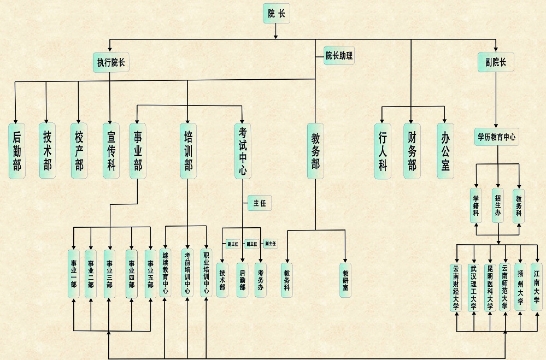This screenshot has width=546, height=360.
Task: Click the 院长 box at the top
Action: (x=276, y=14)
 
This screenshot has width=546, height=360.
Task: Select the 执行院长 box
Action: (x=111, y=63)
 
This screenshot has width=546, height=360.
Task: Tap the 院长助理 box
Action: (x=339, y=55)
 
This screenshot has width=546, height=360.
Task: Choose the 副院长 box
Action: (x=496, y=62)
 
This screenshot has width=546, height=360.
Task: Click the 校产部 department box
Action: (x=79, y=150)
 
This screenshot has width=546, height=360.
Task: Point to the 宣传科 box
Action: (x=111, y=150)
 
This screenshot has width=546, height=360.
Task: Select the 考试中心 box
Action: (x=243, y=150)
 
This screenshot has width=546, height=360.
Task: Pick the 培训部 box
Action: (x=188, y=150)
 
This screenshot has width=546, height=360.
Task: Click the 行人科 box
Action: (x=383, y=150)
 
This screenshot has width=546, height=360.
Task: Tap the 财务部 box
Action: (x=412, y=150)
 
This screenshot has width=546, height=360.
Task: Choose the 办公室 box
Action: (x=445, y=150)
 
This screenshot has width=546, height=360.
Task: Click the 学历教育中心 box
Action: (x=496, y=137)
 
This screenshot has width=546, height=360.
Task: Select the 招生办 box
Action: (x=497, y=206)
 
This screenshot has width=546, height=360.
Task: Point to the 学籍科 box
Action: (x=476, y=206)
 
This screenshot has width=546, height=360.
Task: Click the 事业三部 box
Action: (x=110, y=274)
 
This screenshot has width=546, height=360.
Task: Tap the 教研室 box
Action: (x=345, y=280)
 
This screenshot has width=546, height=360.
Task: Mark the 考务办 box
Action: (x=261, y=280)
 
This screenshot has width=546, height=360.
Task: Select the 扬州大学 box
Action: (x=520, y=287)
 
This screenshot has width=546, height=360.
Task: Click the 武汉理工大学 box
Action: (x=473, y=287)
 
